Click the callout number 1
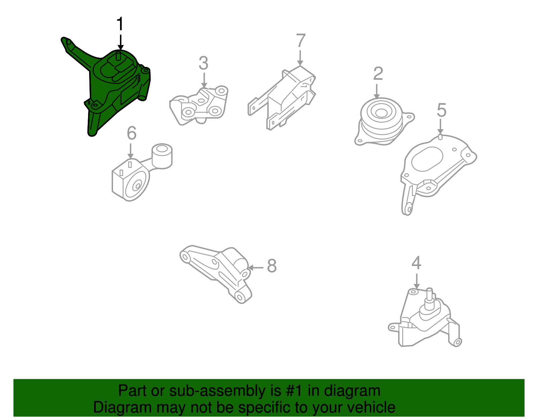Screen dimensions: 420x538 (x=120, y=24)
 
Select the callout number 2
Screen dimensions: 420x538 (x=378, y=74)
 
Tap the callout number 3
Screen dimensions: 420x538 (x=203, y=63)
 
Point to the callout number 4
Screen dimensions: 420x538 (x=416, y=263)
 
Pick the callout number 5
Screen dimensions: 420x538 (x=441, y=110)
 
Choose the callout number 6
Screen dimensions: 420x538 (x=131, y=133)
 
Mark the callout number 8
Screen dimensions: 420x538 (x=272, y=266)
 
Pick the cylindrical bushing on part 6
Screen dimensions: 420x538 (x=162, y=155)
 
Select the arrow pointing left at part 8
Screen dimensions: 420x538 (x=256, y=268)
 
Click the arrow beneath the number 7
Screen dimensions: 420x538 (x=300, y=57)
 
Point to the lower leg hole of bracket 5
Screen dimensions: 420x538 (x=409, y=209)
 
